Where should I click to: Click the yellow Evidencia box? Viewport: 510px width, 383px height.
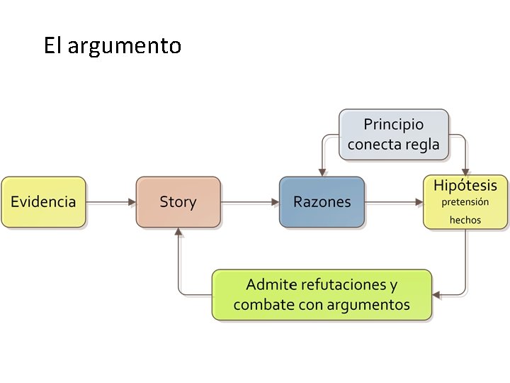point(43,202)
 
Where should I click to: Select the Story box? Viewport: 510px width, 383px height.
point(178,202)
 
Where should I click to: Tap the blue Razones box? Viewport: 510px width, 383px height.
point(322,202)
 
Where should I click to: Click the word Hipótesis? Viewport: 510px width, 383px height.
point(465,186)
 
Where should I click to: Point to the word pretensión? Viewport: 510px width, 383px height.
point(465,202)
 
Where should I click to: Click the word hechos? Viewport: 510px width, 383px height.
point(465,220)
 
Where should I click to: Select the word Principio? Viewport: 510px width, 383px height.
point(394,125)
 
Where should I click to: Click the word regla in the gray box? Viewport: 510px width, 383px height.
point(422,145)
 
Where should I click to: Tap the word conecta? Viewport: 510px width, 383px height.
point(374,145)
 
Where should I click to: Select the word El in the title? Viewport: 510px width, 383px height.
point(53,46)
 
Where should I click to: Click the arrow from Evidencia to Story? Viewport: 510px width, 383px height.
point(110,202)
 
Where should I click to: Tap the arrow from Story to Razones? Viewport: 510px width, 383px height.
point(249,202)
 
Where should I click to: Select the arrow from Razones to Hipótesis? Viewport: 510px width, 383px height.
point(394,202)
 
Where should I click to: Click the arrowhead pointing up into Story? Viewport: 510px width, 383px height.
point(178,233)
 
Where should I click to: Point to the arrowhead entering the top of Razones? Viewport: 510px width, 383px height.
point(322,172)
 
